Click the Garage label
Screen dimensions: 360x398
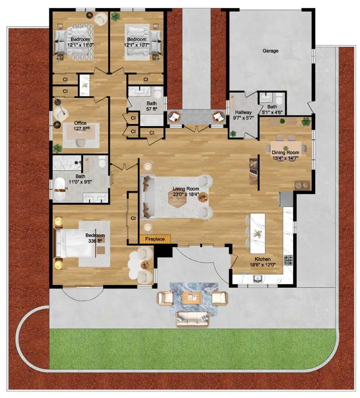pos(270,51)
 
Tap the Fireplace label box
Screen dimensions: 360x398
pos(155,239)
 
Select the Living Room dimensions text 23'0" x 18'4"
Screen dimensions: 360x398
pos(186,195)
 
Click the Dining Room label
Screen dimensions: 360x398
pos(285,153)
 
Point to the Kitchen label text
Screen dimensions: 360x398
pos(262,259)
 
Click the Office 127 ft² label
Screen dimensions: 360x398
pos(80,126)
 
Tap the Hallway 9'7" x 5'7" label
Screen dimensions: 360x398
pos(243,115)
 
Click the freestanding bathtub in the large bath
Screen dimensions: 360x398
pos(60,189)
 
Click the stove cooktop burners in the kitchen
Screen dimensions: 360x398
pos(288,260)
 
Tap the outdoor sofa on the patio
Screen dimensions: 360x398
pos(192,319)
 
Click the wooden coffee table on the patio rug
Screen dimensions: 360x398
pos(192,298)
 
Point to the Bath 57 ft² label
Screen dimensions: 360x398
pos(152,106)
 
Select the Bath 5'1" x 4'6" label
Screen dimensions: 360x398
pos(272,109)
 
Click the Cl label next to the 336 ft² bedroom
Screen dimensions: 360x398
pos(133,218)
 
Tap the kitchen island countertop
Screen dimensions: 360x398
pos(258,233)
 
